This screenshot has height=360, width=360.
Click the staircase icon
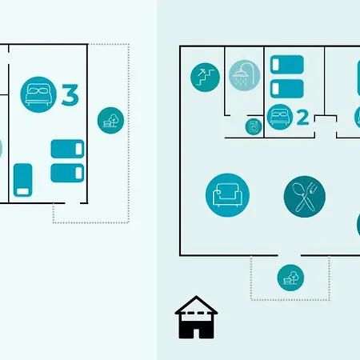205,78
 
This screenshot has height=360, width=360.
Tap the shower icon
244,75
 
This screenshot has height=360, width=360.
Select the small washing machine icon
254,126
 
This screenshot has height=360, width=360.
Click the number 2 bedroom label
302,118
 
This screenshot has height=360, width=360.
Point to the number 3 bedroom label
70,94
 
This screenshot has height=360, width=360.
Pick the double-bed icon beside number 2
280,117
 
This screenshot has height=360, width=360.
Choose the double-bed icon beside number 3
38,94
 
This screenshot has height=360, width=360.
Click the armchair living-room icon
227,195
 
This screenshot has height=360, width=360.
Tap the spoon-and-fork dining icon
305,197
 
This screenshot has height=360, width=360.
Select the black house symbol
196,318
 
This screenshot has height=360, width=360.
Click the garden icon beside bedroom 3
110,121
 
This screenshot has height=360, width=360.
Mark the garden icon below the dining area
290,278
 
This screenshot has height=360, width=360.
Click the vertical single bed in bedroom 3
23,180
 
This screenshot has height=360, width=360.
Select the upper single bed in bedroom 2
287,65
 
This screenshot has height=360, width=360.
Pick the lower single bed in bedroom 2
287,89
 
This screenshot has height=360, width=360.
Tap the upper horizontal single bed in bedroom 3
67,149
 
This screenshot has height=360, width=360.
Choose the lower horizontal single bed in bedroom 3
67,173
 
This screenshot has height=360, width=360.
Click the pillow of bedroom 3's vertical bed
23,191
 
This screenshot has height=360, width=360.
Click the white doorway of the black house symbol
196,334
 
